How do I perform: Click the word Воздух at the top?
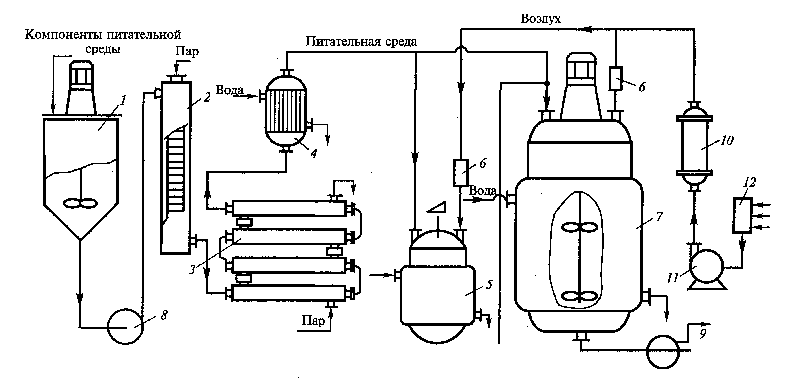click(x=540, y=19)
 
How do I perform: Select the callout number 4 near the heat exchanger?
click(x=314, y=153)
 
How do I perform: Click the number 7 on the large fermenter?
click(x=659, y=216)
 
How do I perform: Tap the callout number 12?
click(x=750, y=182)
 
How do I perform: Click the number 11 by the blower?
click(x=672, y=278)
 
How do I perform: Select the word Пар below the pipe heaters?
click(x=313, y=321)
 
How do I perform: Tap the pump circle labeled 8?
click(x=125, y=327)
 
